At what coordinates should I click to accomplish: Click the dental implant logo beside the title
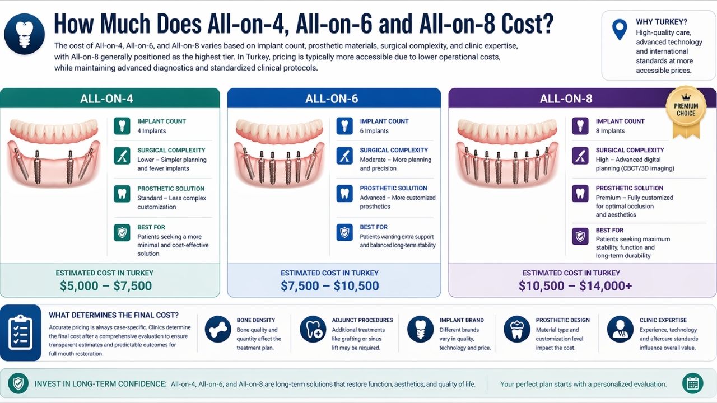[24, 34]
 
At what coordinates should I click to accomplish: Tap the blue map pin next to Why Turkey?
[620, 30]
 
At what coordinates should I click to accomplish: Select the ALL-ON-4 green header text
[106, 99]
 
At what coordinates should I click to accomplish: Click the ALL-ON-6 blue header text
[332, 99]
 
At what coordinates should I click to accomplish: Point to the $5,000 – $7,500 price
[106, 285]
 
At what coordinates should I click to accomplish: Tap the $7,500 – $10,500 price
[330, 285]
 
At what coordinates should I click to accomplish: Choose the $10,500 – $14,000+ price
[575, 285]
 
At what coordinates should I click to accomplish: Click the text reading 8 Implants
[610, 131]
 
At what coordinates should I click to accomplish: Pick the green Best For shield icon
[122, 232]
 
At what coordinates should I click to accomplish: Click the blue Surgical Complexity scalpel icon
[344, 156]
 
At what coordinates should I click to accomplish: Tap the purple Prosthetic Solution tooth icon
[580, 194]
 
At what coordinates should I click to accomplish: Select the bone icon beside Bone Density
[218, 330]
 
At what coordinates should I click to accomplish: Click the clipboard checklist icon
[21, 332]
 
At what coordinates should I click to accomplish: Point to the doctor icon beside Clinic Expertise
[620, 330]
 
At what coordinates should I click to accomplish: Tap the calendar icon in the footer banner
[693, 383]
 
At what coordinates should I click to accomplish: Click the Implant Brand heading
[462, 320]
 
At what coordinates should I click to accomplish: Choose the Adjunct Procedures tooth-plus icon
[313, 330]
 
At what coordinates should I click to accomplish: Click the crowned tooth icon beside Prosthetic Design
[517, 330]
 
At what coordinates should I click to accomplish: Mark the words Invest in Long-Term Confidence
[100, 384]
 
